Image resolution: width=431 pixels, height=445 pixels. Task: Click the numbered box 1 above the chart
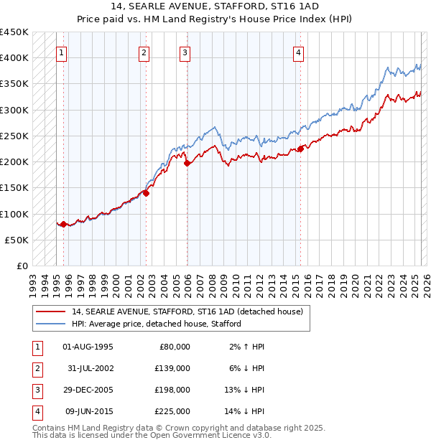tap(62, 52)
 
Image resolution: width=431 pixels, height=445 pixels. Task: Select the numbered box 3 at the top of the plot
tap(185, 52)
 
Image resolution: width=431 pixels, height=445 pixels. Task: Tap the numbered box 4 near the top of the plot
tap(297, 52)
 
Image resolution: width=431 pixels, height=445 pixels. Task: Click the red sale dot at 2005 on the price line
tap(187, 164)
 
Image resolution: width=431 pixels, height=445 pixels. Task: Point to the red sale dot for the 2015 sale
tap(300, 149)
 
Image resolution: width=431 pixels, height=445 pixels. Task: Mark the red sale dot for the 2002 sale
tap(146, 193)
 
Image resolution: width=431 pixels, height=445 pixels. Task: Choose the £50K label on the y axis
tap(18, 240)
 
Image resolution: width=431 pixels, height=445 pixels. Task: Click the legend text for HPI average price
tap(157, 324)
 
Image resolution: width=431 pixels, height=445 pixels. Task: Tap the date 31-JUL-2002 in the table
tap(88, 369)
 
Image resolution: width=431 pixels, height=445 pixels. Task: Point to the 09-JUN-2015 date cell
tap(88, 412)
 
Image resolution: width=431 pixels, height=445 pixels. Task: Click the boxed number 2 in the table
tap(36, 369)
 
